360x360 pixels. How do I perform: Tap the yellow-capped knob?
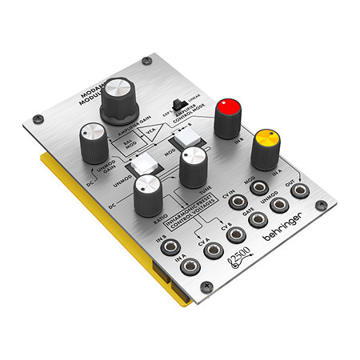point(266,147)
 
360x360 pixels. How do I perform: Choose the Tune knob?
point(194,165)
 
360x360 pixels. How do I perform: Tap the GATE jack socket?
point(257,218)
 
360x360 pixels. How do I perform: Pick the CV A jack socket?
point(212,250)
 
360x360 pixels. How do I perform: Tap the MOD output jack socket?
point(258,188)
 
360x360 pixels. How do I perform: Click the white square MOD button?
point(186,137)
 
